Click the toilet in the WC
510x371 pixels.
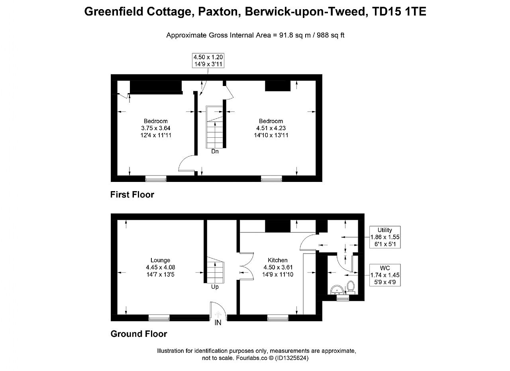tap(350, 287)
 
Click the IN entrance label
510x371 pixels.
tap(218, 322)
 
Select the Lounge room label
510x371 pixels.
tap(160, 260)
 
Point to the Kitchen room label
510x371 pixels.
tap(278, 260)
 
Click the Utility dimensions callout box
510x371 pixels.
tap(385, 237)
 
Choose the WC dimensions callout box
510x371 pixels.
tap(385, 275)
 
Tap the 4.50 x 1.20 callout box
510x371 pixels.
tap(208, 61)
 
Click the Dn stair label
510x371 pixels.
tap(215, 151)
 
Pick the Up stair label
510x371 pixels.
tap(215, 287)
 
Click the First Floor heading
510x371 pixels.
tap(132, 195)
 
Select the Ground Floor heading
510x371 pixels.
tap(139, 334)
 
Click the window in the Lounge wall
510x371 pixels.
tap(159, 318)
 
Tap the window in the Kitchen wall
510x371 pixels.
tap(278, 318)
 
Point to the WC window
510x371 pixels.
tap(343, 298)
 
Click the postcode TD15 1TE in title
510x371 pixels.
tap(399, 12)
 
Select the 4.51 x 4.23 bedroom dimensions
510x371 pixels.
tap(271, 128)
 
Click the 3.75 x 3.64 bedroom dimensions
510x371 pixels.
tap(156, 128)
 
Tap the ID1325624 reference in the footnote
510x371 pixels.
tap(292, 358)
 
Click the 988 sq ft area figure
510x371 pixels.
tap(331, 35)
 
